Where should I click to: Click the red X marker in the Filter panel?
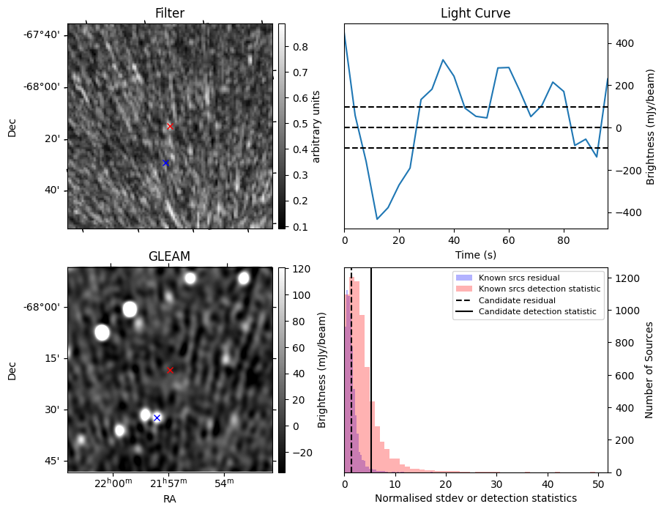[170, 126]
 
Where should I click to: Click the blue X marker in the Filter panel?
[165, 163]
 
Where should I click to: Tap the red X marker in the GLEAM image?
[170, 370]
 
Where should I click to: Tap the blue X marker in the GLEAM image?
[157, 418]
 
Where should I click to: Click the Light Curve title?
[475, 13]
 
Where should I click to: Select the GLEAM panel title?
[169, 256]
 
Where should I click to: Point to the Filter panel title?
[169, 13]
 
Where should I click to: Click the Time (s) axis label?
[475, 253]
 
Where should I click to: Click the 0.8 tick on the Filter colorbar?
[300, 47]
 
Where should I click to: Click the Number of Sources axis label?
[650, 369]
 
